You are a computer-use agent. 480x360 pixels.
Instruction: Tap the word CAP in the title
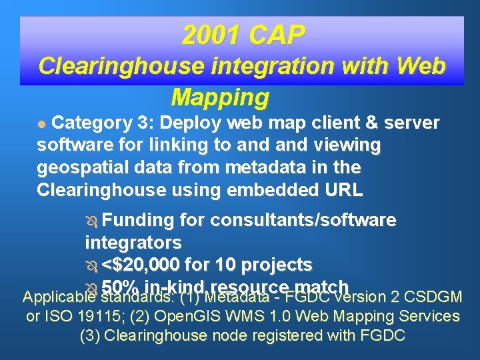275,36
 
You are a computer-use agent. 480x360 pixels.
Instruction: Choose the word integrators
133,242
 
